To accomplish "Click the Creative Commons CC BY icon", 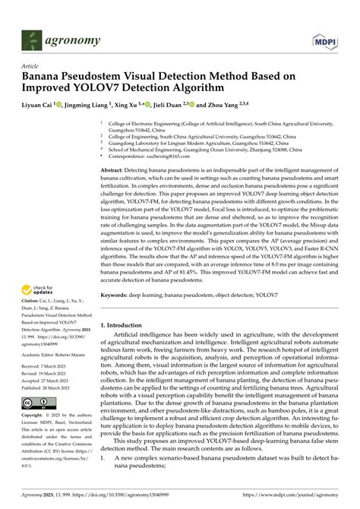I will click(x=37, y=403).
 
